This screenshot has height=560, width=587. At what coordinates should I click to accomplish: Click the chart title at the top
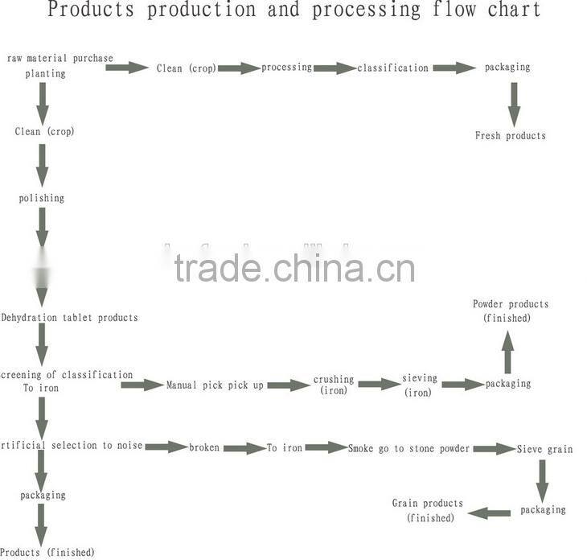(x=293, y=10)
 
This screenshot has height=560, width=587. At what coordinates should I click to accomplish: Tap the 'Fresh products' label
(x=510, y=136)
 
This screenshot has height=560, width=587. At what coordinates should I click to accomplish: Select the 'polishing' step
(x=42, y=198)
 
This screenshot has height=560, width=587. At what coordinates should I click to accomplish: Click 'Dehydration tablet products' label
(x=69, y=318)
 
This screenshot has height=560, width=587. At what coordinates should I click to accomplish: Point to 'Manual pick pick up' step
(x=215, y=385)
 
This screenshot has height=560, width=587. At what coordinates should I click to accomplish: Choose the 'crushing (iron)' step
(x=333, y=385)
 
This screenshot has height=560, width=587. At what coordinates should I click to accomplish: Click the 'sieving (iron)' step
(x=419, y=385)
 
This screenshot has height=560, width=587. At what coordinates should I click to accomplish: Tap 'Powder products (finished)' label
(x=511, y=311)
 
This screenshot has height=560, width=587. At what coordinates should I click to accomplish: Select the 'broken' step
(x=204, y=447)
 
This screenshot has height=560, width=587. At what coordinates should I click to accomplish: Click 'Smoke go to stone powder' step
(x=409, y=448)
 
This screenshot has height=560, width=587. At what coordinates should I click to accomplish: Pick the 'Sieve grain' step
(x=544, y=449)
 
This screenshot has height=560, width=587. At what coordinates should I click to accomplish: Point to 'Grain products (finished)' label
(x=427, y=510)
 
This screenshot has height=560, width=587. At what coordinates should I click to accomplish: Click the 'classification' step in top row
(x=393, y=68)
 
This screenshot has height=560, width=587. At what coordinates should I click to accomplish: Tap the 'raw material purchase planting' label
(x=60, y=65)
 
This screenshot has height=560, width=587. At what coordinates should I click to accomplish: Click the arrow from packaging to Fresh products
(x=512, y=104)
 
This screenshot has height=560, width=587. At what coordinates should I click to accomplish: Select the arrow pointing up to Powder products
(x=507, y=352)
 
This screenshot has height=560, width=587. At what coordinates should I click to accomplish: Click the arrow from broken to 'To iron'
(x=244, y=448)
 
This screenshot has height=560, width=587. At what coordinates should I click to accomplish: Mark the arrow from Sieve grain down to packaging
(x=542, y=480)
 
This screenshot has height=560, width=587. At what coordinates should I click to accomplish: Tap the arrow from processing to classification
(x=335, y=68)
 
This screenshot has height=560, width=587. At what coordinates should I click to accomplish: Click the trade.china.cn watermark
(x=294, y=268)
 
